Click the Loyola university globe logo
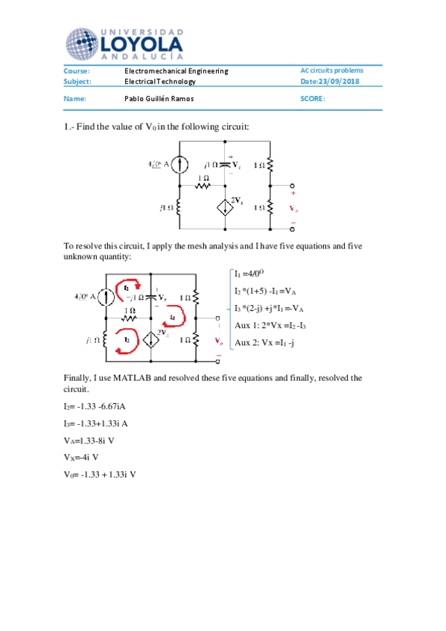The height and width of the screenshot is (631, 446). pyautogui.click(x=82, y=43)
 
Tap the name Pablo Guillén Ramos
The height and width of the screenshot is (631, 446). pyautogui.click(x=159, y=98)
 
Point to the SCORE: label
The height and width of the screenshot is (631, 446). pyautogui.click(x=313, y=98)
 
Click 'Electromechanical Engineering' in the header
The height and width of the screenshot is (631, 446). pyautogui.click(x=176, y=71)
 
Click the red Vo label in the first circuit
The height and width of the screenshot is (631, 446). pyautogui.click(x=294, y=209)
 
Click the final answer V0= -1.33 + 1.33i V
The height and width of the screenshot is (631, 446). pyautogui.click(x=100, y=474)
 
